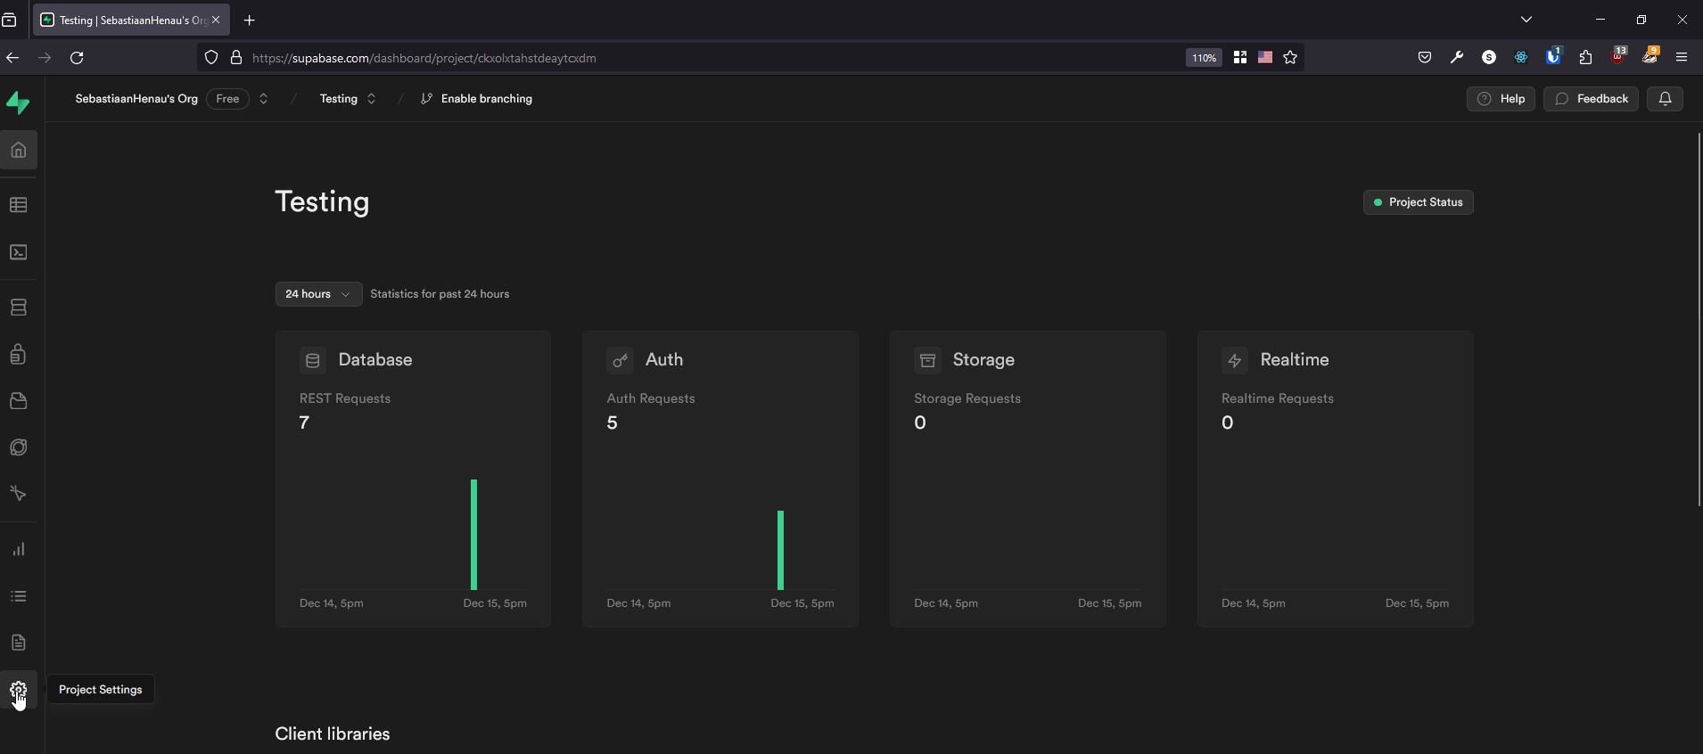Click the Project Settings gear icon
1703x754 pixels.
point(19,690)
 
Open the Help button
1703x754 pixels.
point(1501,99)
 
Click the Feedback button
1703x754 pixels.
point(1591,99)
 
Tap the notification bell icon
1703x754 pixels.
point(1665,99)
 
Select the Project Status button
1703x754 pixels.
point(1418,202)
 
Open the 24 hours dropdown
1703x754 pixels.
point(318,294)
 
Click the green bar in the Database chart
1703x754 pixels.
point(474,535)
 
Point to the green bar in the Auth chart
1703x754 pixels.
point(781,550)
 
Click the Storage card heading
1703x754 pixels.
point(983,360)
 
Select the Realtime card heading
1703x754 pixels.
point(1294,360)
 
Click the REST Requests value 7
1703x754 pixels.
point(305,423)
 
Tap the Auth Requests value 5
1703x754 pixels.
point(613,423)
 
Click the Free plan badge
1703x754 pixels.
point(227,99)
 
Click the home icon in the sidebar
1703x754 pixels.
point(19,150)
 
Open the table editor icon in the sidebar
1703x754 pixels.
point(19,205)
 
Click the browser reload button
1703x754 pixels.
point(78,58)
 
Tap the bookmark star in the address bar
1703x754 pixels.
point(1290,58)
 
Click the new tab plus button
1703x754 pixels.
point(250,20)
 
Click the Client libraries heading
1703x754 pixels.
point(333,734)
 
